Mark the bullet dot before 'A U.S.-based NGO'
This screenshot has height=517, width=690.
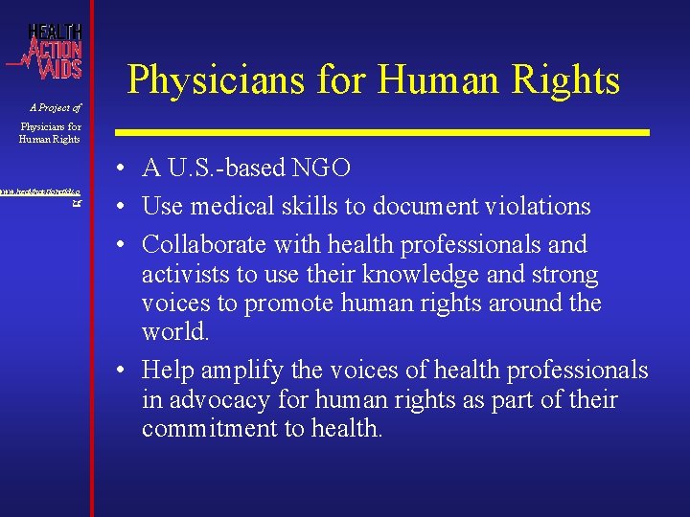coord(126,169)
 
